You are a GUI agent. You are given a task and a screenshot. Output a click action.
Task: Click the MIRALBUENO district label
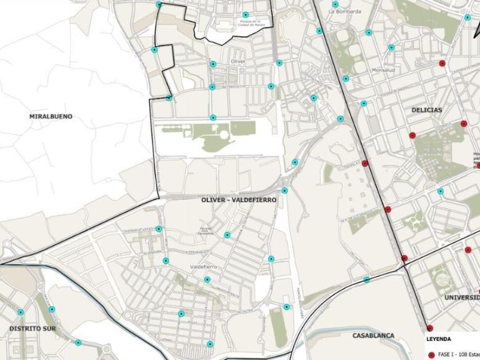tap(51, 116)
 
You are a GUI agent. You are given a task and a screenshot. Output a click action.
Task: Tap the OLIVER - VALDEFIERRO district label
tap(238, 200)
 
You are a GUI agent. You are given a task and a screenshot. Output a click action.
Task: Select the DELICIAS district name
tap(426, 110)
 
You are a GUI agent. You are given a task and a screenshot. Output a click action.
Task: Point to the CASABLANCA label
tap(373, 336)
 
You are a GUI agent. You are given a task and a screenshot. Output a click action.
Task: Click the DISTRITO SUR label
tap(32, 328)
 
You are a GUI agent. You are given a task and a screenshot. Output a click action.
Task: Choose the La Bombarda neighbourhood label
tap(345, 11)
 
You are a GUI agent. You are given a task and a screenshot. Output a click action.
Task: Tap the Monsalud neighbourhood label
tap(384, 70)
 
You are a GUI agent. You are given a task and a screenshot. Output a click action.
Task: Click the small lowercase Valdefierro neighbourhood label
tap(203, 267)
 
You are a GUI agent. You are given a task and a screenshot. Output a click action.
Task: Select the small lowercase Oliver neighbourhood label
tap(238, 61)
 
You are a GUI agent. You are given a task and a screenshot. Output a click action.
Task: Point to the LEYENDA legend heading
tap(438, 339)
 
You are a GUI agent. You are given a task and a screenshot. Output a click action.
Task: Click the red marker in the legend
tap(431, 355)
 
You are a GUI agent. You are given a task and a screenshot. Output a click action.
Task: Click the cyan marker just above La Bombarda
tap(335, 4)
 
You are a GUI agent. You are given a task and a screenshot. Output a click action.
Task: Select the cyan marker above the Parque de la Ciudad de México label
tap(245, 15)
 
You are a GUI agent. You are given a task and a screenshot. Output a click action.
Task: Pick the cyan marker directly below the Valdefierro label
tap(207, 280)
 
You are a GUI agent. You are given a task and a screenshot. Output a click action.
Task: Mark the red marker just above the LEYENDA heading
tap(429, 328)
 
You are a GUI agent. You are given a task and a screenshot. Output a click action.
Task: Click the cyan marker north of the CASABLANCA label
tap(366, 280)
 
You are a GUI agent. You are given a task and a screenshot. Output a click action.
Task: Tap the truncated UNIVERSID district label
tap(462, 298)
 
